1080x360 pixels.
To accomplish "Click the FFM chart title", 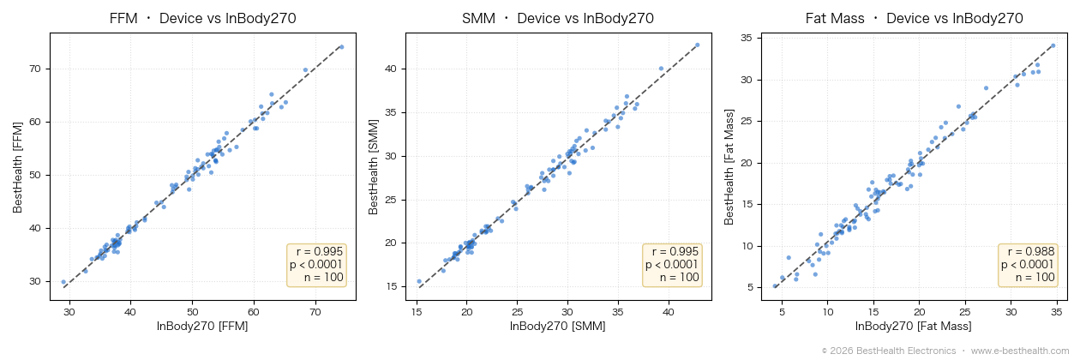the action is (202, 18).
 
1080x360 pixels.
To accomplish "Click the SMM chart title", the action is (558, 18).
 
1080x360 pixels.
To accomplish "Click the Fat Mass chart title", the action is (914, 18).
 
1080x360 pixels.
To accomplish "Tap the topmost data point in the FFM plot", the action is (342, 47).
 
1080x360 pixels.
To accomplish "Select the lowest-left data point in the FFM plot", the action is (63, 282).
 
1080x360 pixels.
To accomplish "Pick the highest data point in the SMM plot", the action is (697, 45).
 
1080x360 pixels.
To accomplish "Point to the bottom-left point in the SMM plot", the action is (419, 281).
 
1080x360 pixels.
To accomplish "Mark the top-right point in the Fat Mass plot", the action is (1053, 45).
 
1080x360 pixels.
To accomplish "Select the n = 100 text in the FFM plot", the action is (323, 277).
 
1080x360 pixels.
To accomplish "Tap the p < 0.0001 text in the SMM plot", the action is (672, 264).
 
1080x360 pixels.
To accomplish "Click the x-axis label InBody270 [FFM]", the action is (202, 327).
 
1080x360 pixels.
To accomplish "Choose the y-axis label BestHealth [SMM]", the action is (373, 167).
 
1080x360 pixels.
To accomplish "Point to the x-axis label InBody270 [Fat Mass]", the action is (913, 327).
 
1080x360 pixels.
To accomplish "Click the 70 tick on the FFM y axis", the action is (35, 69).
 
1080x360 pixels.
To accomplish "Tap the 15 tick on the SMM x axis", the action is (417, 312).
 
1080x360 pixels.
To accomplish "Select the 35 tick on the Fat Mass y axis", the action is (747, 38).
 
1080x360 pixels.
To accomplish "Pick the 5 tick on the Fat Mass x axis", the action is (782, 312).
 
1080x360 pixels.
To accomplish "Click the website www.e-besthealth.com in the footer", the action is (1020, 351).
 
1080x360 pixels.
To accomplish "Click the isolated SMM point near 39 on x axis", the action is (661, 69).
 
